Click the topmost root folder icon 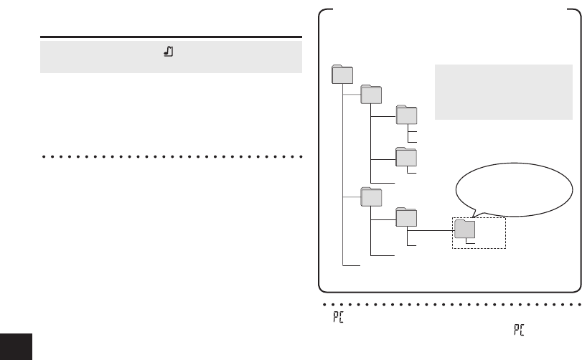point(343,75)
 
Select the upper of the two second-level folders point(371,95)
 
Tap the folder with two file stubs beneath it point(406,116)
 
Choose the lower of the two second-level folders point(371,196)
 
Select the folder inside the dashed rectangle point(464,228)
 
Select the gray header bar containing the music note point(170,56)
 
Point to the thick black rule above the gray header point(170,37)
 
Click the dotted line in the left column point(170,156)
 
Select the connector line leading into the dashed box point(430,231)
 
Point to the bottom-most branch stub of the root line point(352,266)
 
